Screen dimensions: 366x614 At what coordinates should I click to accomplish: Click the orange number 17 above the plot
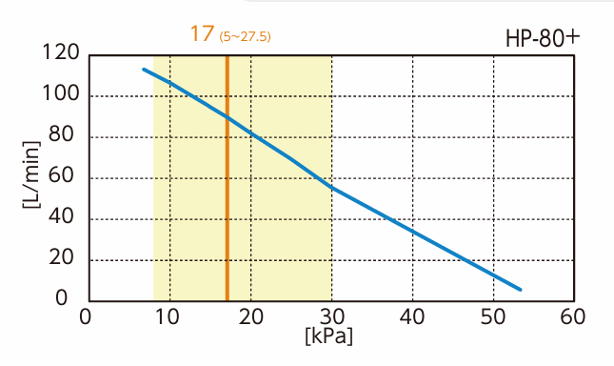point(201,34)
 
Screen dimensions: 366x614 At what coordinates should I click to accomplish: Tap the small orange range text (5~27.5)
point(246,37)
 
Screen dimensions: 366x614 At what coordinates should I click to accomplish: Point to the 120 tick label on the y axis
point(61,54)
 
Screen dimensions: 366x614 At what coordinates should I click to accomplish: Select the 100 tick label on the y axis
point(61,95)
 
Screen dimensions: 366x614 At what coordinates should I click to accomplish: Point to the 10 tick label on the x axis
point(168,317)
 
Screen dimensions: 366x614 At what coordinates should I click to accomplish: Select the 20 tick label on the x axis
point(249,317)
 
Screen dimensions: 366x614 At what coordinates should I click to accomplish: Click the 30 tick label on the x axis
point(330,317)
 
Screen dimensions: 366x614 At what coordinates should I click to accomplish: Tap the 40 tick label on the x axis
point(411,317)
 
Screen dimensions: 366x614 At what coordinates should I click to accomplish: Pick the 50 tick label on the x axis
point(492,317)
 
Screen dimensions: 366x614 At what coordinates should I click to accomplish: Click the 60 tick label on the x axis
point(574,317)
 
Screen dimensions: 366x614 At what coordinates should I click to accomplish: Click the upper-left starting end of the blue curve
point(144,70)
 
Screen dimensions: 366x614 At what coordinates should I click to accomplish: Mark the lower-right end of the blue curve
point(521,289)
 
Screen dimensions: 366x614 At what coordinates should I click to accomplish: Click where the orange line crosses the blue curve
point(227,116)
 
